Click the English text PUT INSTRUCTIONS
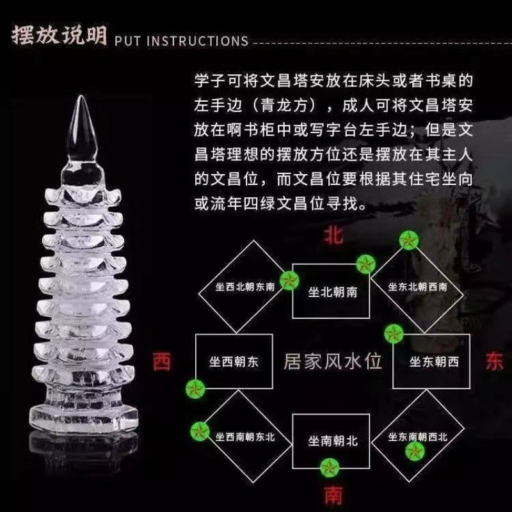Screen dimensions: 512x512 pyautogui.click(x=180, y=41)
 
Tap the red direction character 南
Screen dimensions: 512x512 pyautogui.click(x=332, y=495)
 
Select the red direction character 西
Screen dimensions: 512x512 pyautogui.click(x=162, y=362)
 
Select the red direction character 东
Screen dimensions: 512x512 pyautogui.click(x=494, y=361)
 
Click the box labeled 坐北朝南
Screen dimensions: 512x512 pyautogui.click(x=332, y=291)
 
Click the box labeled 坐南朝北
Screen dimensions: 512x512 pyautogui.click(x=332, y=441)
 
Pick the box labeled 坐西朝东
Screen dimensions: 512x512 pyautogui.click(x=234, y=362)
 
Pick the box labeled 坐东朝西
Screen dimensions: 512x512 pyautogui.click(x=434, y=362)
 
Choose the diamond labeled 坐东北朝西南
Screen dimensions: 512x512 pyautogui.click(x=417, y=286)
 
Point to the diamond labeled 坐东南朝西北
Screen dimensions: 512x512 pyautogui.click(x=417, y=436)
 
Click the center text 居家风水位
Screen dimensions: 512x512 pyautogui.click(x=332, y=362)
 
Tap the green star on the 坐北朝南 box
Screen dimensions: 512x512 pyautogui.click(x=365, y=264)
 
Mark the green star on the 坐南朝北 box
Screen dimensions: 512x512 pyautogui.click(x=332, y=468)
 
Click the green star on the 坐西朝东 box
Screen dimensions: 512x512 pyautogui.click(x=194, y=388)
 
